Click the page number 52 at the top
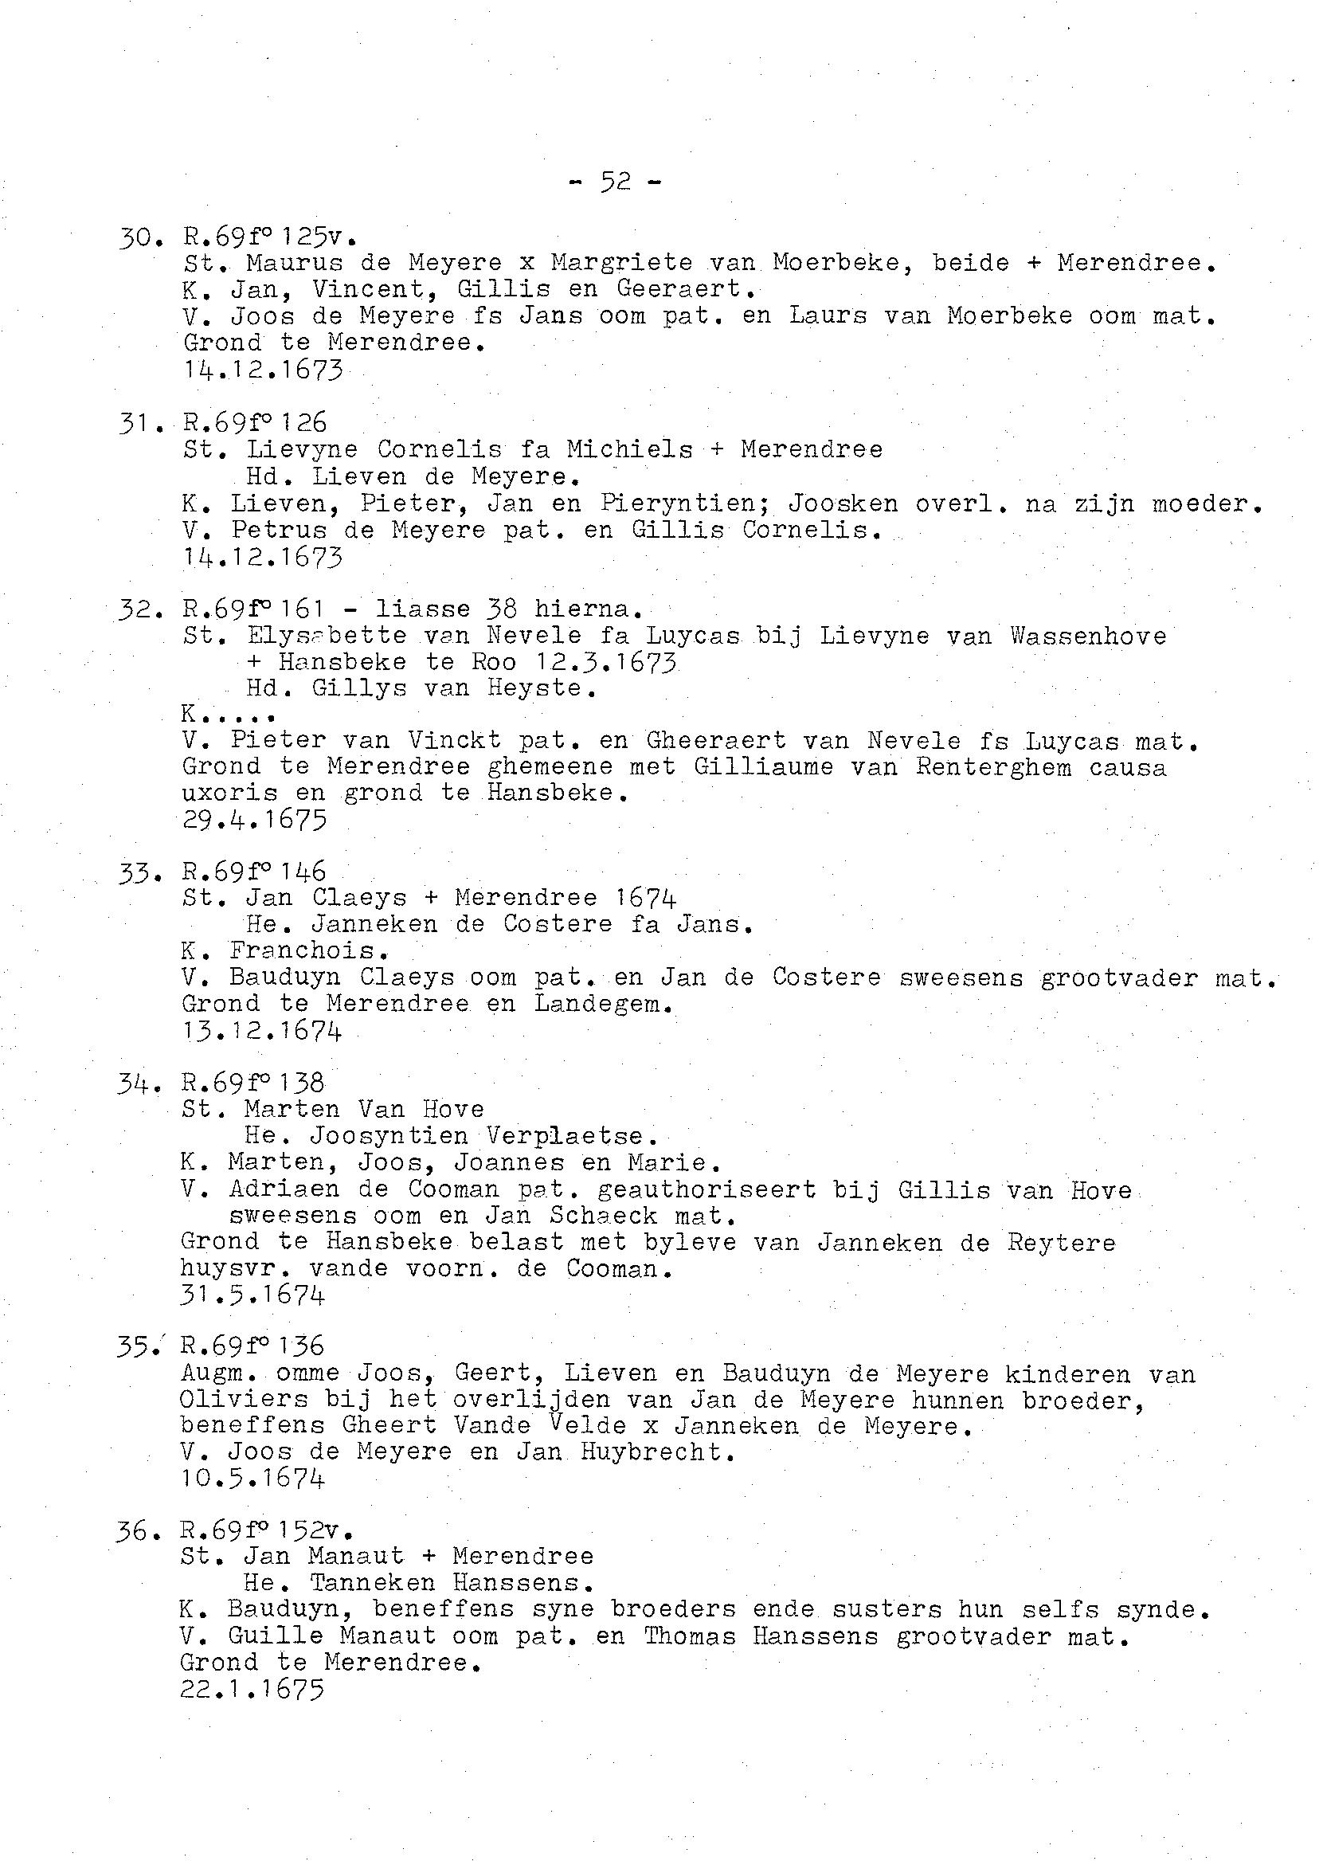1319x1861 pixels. (x=616, y=182)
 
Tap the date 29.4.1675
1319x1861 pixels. (x=254, y=820)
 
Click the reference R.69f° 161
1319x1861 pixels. (x=254, y=609)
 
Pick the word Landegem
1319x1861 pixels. (x=604, y=1004)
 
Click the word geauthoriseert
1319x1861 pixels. (x=706, y=1190)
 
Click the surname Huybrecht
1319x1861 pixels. (x=657, y=1452)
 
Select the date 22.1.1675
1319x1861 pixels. (x=252, y=1690)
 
